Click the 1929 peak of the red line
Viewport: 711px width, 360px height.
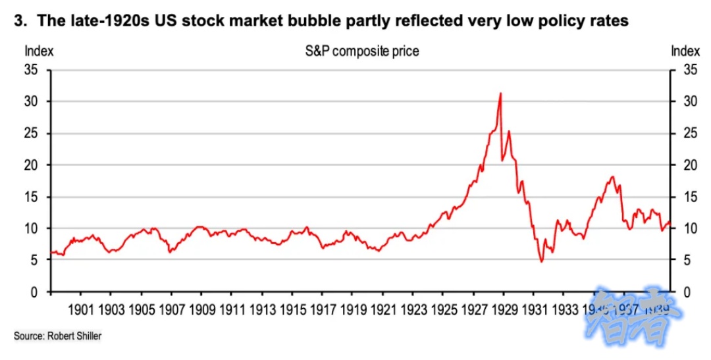tap(501, 93)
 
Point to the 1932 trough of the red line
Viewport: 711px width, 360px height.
tap(542, 262)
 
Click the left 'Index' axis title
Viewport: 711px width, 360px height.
tap(39, 51)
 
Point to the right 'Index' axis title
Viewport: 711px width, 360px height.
tap(685, 51)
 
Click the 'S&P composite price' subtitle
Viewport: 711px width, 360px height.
tap(361, 51)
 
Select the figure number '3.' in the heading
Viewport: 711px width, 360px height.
tap(21, 21)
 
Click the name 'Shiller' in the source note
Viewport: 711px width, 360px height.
tap(89, 336)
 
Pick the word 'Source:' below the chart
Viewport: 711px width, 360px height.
tap(28, 336)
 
